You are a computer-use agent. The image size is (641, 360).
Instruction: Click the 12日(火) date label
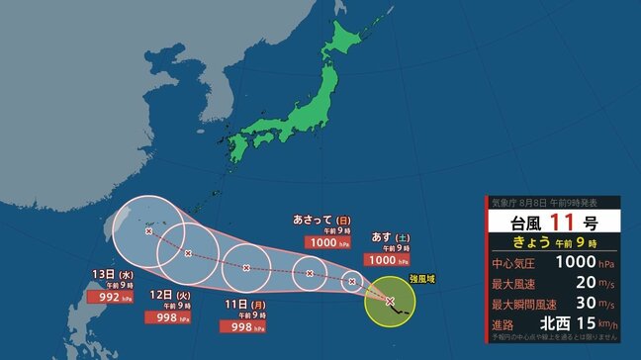(165, 296)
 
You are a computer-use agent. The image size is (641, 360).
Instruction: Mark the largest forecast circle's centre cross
(149, 230)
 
